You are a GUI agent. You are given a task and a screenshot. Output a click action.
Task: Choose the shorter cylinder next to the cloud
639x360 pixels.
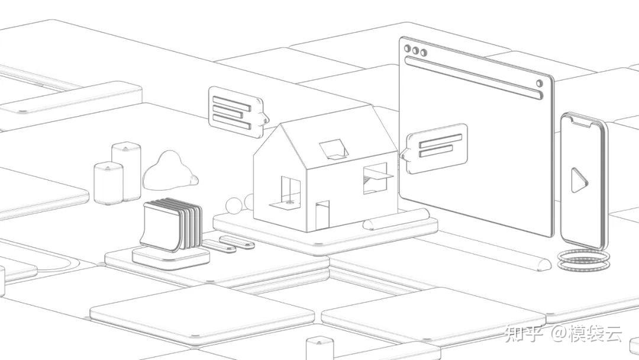(109, 182)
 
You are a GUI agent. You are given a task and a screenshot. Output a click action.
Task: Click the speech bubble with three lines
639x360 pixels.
(234, 108)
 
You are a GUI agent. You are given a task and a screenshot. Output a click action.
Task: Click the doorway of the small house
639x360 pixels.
(322, 214)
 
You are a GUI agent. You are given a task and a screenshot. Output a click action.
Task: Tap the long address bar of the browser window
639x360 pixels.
(473, 76)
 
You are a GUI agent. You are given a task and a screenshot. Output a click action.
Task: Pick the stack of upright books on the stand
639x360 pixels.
(172, 225)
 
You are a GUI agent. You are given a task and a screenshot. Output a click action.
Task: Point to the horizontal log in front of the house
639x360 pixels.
(396, 218)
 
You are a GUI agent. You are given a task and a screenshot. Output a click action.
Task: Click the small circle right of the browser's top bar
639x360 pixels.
(539, 83)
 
